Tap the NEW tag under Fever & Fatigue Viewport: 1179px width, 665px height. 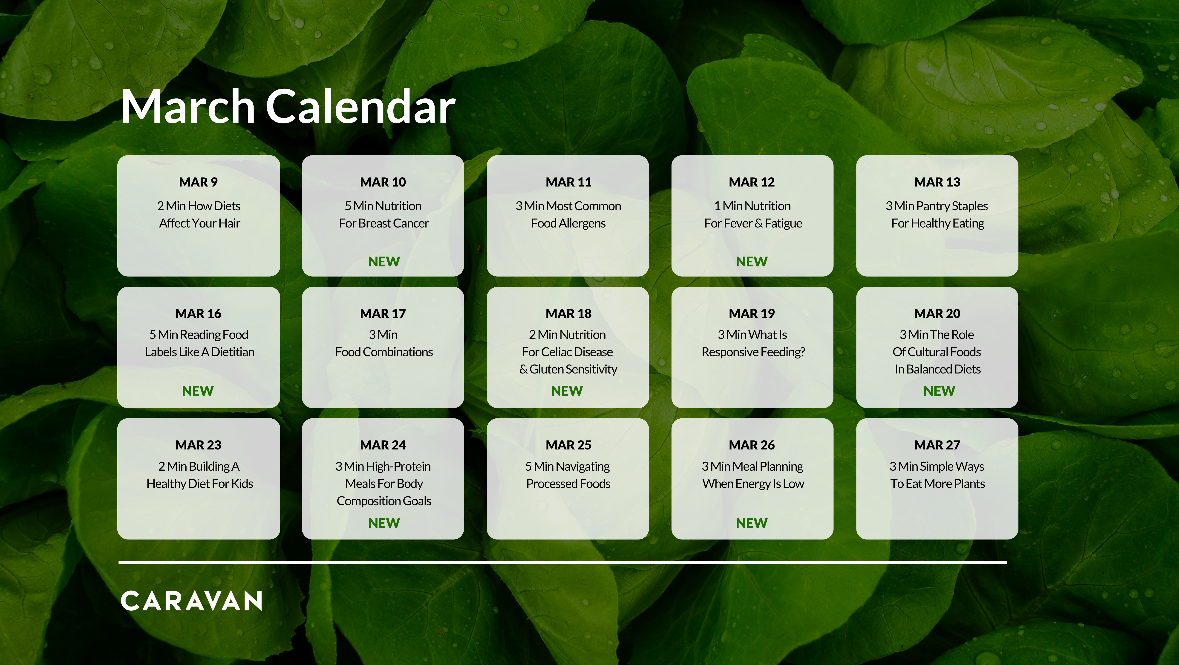coord(752,262)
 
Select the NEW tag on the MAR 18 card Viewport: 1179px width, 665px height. coord(567,391)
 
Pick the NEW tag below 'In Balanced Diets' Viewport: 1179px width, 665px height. coord(939,391)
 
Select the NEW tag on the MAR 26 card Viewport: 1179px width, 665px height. coord(752,522)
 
